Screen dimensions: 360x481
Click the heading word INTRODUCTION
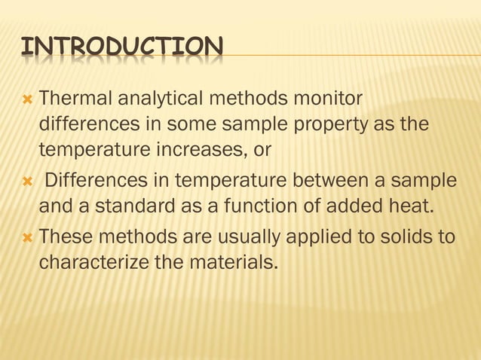pyautogui.click(x=121, y=47)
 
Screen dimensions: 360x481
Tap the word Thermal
pyautogui.click(x=72, y=98)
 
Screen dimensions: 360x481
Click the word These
pyautogui.click(x=66, y=237)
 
